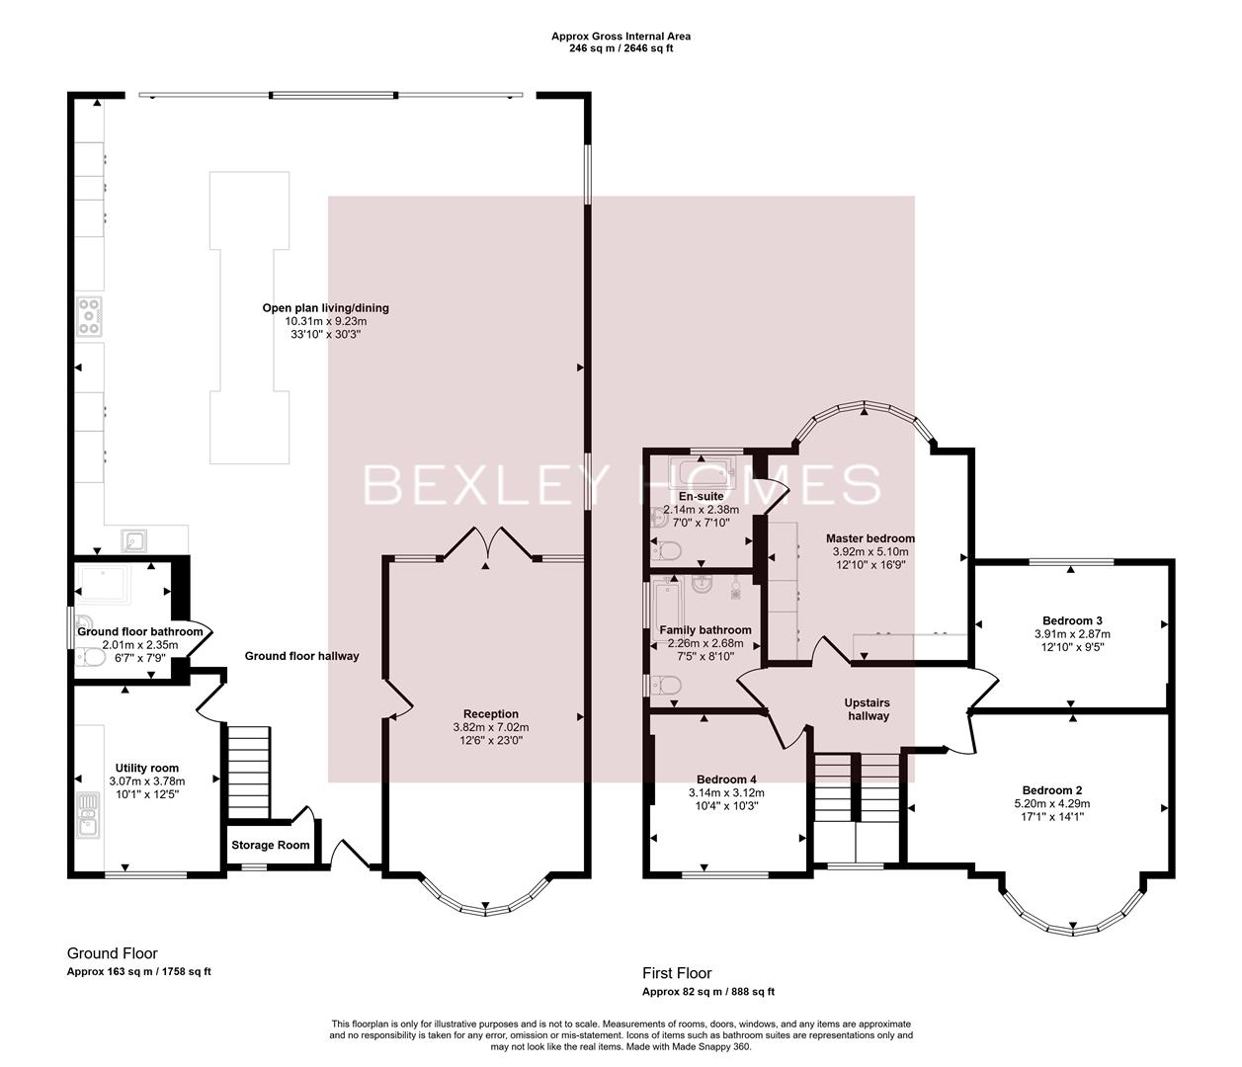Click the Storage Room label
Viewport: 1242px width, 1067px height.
click(x=270, y=845)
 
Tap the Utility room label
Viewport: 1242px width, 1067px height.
click(x=146, y=768)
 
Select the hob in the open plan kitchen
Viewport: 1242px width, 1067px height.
click(x=90, y=315)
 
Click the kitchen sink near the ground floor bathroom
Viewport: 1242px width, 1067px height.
click(x=134, y=539)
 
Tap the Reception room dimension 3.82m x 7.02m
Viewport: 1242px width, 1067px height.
click(x=491, y=727)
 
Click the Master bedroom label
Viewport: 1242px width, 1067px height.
click(x=869, y=538)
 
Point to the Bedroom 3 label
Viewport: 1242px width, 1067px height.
click(x=1072, y=620)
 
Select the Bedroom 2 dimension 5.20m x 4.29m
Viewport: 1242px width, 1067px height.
click(x=1051, y=803)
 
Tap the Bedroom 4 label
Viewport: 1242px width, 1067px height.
click(x=726, y=779)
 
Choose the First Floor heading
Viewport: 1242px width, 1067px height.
click(x=677, y=973)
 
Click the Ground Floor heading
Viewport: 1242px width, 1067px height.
click(x=112, y=953)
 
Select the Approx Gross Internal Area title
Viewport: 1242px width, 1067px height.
click(x=621, y=37)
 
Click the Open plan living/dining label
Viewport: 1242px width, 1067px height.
click(x=325, y=307)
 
